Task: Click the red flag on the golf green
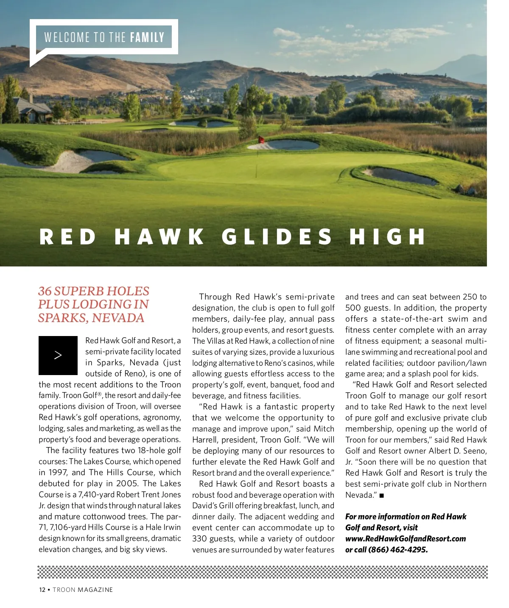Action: [x=261, y=140]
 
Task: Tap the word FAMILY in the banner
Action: [x=147, y=38]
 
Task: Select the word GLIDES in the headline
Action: [x=277, y=237]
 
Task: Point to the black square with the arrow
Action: [x=58, y=356]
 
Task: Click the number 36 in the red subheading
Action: [x=45, y=291]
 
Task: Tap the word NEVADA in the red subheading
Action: [x=118, y=318]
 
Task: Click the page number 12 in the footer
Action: [x=42, y=590]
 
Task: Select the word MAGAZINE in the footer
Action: [x=95, y=590]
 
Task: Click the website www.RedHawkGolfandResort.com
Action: [x=406, y=539]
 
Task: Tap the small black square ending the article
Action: [x=382, y=496]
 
